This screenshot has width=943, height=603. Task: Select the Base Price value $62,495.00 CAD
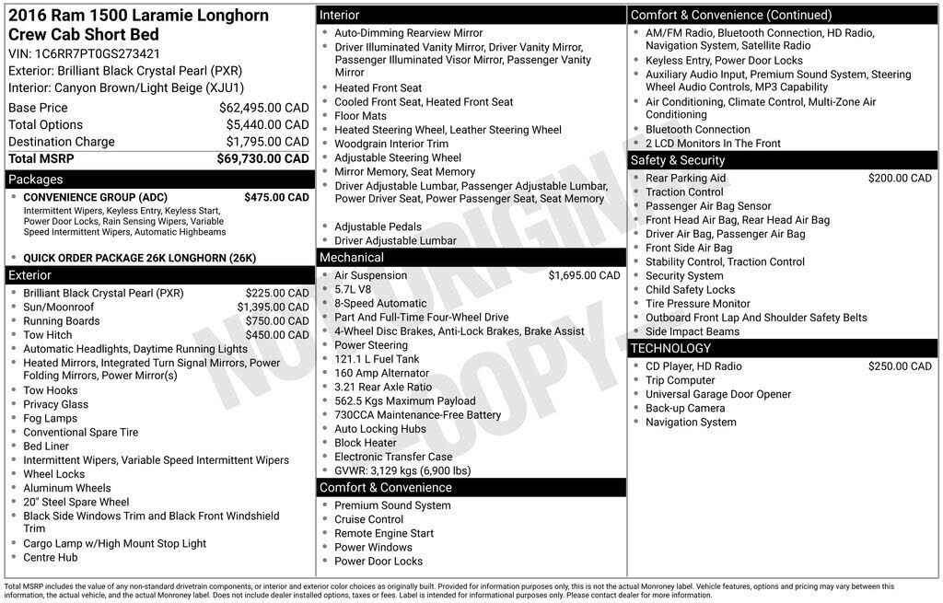click(263, 108)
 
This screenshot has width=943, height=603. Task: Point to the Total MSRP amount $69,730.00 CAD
click(263, 159)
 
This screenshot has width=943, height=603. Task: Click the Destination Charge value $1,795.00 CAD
click(268, 142)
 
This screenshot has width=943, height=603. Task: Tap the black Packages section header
click(159, 180)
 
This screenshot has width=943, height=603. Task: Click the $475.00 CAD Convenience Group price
click(276, 198)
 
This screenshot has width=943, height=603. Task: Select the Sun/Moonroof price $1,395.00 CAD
click(273, 307)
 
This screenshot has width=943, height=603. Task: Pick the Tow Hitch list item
click(48, 335)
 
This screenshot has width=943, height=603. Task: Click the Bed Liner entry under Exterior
click(46, 446)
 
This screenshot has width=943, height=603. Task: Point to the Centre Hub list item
click(51, 558)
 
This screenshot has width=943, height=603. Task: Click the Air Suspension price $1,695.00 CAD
click(584, 275)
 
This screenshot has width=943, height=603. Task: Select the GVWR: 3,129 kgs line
click(402, 470)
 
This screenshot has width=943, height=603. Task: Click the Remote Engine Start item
click(383, 534)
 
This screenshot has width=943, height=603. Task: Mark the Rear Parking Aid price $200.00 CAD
click(900, 179)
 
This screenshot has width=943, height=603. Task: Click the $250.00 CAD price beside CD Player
click(900, 366)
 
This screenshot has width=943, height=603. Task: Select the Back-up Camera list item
click(685, 408)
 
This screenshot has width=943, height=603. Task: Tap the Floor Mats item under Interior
click(360, 116)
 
